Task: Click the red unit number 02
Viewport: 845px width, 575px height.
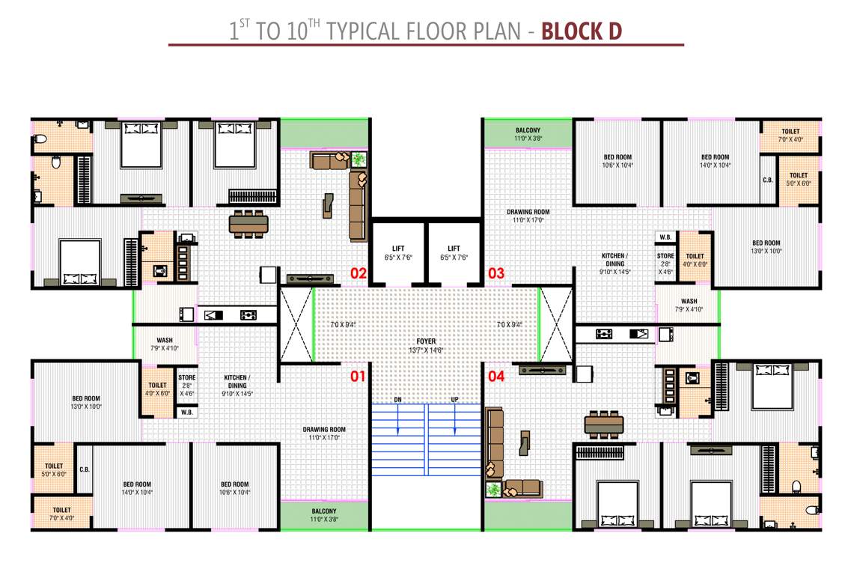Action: [x=359, y=273]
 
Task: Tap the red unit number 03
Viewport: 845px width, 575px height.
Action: [x=496, y=273]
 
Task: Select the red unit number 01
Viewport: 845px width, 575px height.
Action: [x=359, y=376]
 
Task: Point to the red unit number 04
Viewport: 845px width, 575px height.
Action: [x=496, y=376]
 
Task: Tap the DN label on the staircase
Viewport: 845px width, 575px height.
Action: [x=398, y=400]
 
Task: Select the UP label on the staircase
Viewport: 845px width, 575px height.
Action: [x=454, y=400]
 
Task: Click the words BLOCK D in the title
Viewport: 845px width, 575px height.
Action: [x=582, y=31]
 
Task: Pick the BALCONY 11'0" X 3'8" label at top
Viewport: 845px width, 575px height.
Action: [x=528, y=134]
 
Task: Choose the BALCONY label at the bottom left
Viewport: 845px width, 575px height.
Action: [x=324, y=513]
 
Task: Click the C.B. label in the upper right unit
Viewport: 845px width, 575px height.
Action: [x=767, y=180]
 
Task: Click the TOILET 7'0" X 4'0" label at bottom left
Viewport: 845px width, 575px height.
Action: [x=52, y=514]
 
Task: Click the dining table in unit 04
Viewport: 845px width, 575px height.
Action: [x=604, y=424]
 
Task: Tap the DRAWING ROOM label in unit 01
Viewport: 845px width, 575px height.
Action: [x=324, y=433]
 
